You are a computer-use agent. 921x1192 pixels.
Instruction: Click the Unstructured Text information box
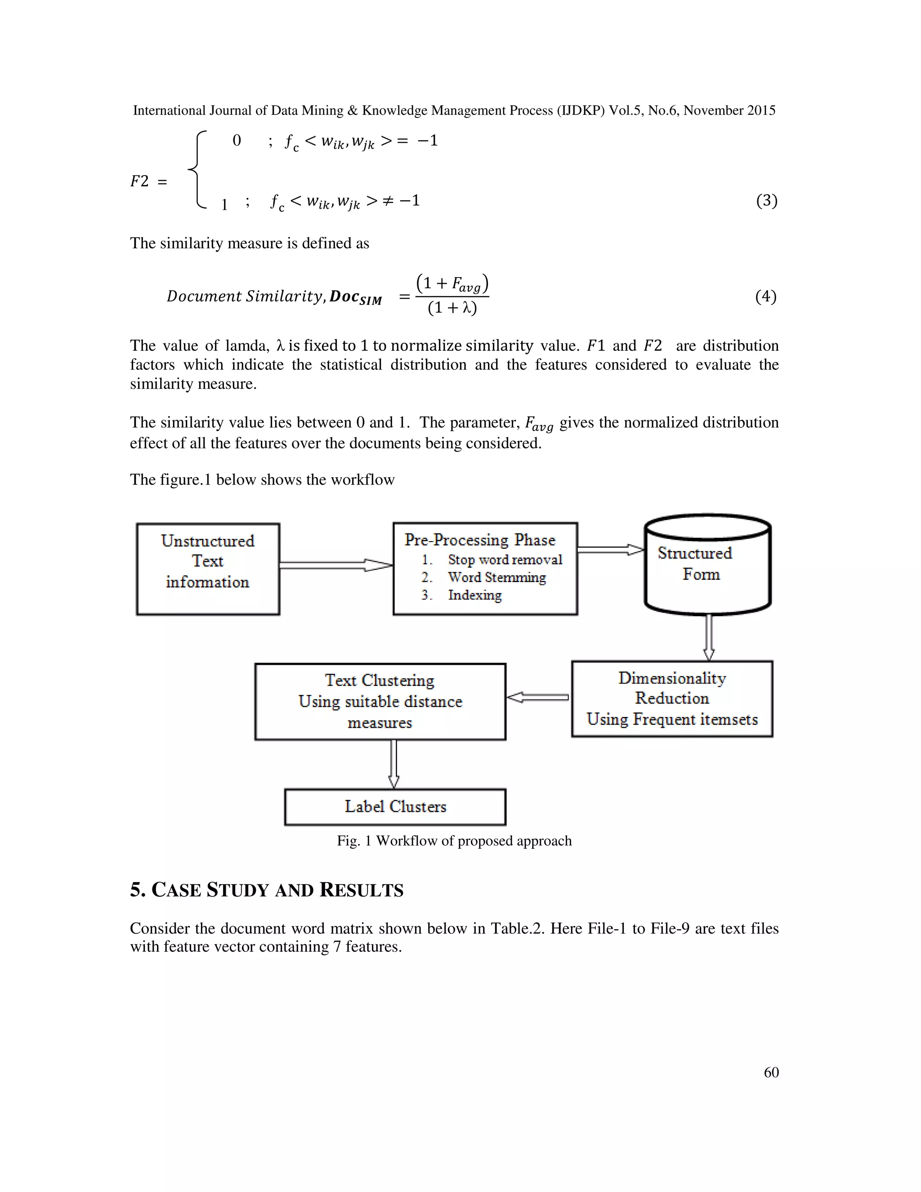tap(208, 569)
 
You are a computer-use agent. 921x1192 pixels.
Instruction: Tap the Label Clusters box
tap(395, 807)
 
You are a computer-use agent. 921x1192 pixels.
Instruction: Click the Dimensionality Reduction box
tap(672, 699)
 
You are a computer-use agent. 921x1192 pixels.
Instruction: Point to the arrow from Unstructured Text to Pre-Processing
tap(335, 565)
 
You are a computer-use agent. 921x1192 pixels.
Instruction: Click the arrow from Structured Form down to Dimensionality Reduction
tap(709, 637)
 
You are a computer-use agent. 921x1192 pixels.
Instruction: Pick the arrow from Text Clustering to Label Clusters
tap(393, 764)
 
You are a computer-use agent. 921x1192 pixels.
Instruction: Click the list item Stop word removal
tap(505, 560)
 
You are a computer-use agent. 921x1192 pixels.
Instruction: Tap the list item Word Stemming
tap(496, 578)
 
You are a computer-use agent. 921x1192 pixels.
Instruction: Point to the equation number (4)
tap(765, 296)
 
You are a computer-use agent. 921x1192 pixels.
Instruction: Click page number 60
tap(771, 1072)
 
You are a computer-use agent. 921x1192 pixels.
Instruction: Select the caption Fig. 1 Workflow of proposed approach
tap(454, 841)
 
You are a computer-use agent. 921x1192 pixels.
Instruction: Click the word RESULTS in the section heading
tap(361, 890)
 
